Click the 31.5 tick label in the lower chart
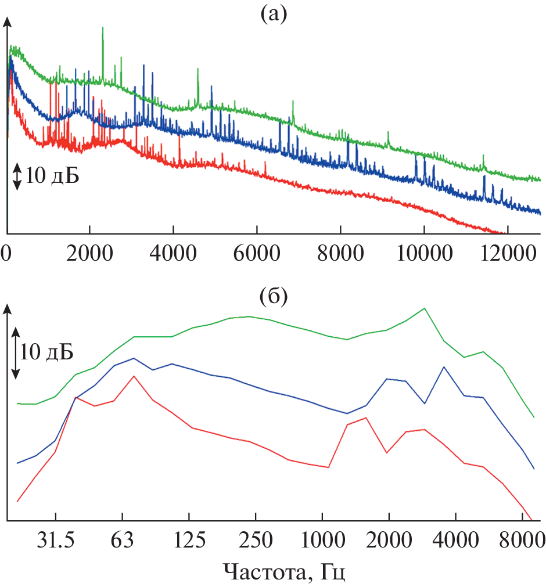(55, 540)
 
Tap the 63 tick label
(122, 540)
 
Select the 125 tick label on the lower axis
(190, 540)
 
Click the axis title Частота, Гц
(285, 572)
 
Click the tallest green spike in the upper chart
(103, 29)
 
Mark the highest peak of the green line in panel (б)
(425, 308)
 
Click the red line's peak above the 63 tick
(134, 376)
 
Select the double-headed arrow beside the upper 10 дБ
(17, 177)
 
